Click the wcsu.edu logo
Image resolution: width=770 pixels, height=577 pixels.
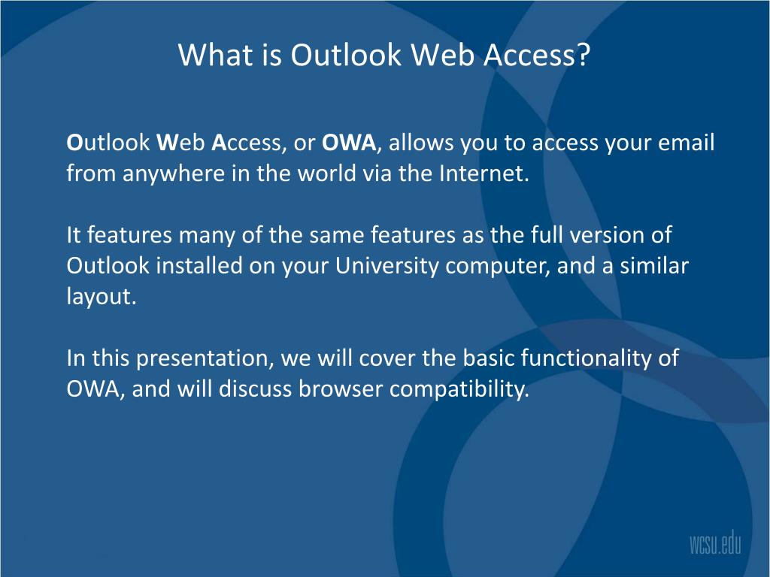coord(714,542)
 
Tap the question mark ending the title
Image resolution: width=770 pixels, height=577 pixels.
coord(584,55)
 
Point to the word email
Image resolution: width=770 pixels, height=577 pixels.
coord(686,143)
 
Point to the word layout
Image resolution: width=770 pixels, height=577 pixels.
coord(101,298)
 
